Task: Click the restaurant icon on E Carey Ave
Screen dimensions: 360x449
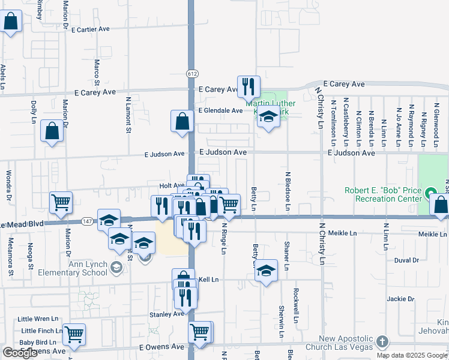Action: (x=248, y=86)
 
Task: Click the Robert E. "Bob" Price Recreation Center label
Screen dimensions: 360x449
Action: (x=384, y=194)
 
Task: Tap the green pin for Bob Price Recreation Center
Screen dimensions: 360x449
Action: (x=430, y=194)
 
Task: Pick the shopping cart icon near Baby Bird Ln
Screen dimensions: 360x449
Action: (x=74, y=335)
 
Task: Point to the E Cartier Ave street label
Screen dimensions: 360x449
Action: (x=91, y=29)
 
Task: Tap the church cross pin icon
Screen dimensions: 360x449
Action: (x=382, y=343)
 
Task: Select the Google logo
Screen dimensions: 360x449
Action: (x=20, y=353)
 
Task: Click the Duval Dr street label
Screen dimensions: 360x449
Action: (x=406, y=260)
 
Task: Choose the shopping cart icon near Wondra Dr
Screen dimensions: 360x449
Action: (x=61, y=203)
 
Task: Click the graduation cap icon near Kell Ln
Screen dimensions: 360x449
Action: (x=266, y=270)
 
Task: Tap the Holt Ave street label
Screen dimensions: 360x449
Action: (x=172, y=185)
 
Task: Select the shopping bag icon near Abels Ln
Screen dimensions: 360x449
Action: (x=11, y=22)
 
